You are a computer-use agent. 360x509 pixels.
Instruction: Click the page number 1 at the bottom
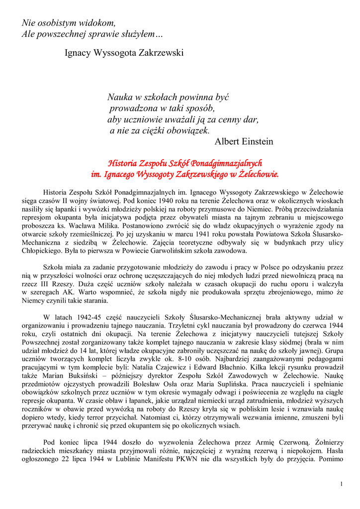coord(342,484)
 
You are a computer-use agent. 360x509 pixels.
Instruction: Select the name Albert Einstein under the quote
coord(244,142)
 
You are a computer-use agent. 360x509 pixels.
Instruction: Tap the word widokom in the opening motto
coord(99,23)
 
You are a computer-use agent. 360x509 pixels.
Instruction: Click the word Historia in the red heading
coord(122,164)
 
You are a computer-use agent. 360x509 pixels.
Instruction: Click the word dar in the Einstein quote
coord(250,120)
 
